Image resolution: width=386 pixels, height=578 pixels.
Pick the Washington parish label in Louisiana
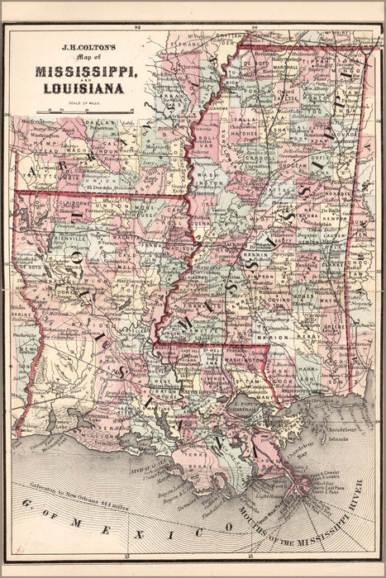coord(245,360)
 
